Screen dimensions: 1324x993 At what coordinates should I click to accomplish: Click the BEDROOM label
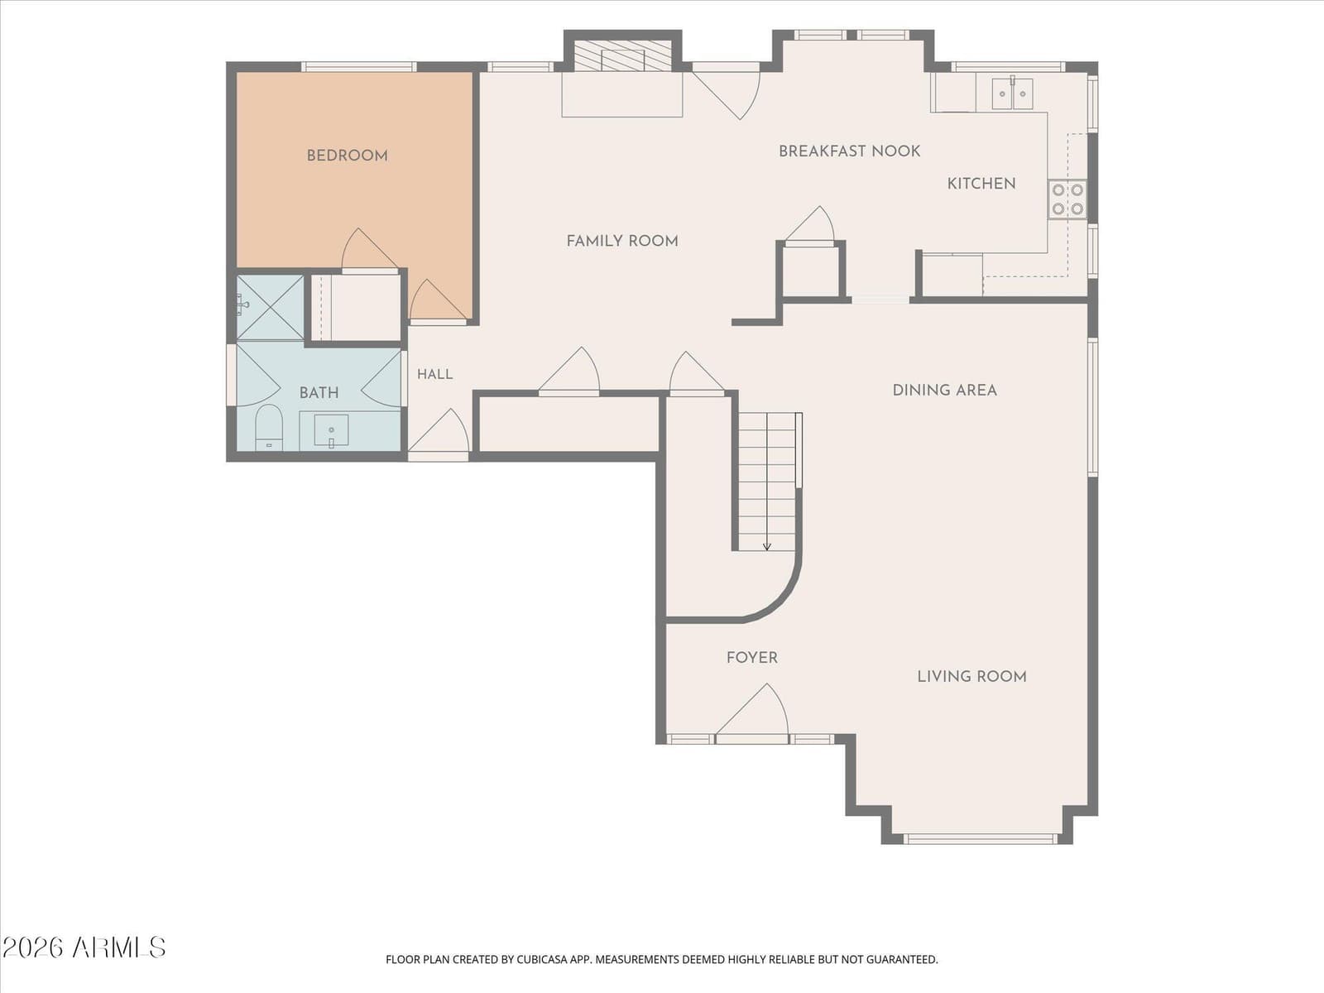click(x=347, y=156)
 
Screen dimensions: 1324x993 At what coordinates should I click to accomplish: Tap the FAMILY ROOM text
click(x=622, y=241)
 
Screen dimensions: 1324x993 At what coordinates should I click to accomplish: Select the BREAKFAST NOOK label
click(x=849, y=151)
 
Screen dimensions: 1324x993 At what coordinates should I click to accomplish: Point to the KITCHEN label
click(x=981, y=184)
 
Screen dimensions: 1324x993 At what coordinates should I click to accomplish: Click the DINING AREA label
click(x=945, y=391)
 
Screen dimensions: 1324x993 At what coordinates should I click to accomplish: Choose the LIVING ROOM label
click(x=971, y=676)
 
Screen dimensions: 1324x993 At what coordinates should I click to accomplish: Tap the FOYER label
click(x=751, y=658)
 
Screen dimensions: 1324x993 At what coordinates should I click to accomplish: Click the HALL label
click(x=435, y=374)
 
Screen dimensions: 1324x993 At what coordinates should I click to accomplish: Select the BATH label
click(x=319, y=393)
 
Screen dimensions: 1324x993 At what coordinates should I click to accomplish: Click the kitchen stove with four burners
click(x=1067, y=199)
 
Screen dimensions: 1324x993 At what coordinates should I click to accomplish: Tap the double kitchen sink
click(x=1012, y=94)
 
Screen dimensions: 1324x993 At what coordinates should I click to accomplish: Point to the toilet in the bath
click(x=269, y=428)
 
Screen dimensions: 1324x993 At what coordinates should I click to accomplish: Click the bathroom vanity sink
click(x=331, y=430)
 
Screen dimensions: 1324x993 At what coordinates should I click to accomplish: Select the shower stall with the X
click(x=271, y=308)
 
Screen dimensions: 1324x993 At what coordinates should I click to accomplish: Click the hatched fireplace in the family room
click(x=622, y=56)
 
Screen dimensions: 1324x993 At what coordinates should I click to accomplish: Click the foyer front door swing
click(x=753, y=711)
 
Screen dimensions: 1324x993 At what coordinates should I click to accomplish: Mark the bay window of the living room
click(x=981, y=838)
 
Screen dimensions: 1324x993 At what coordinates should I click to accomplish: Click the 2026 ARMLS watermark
click(x=84, y=947)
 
